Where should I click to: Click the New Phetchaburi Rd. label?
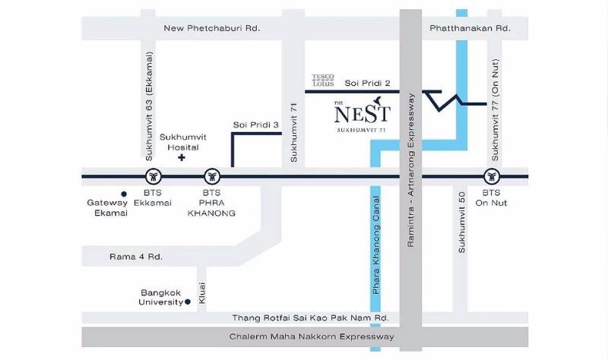212,28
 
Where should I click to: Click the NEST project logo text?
362,114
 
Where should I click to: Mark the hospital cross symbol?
182,158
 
